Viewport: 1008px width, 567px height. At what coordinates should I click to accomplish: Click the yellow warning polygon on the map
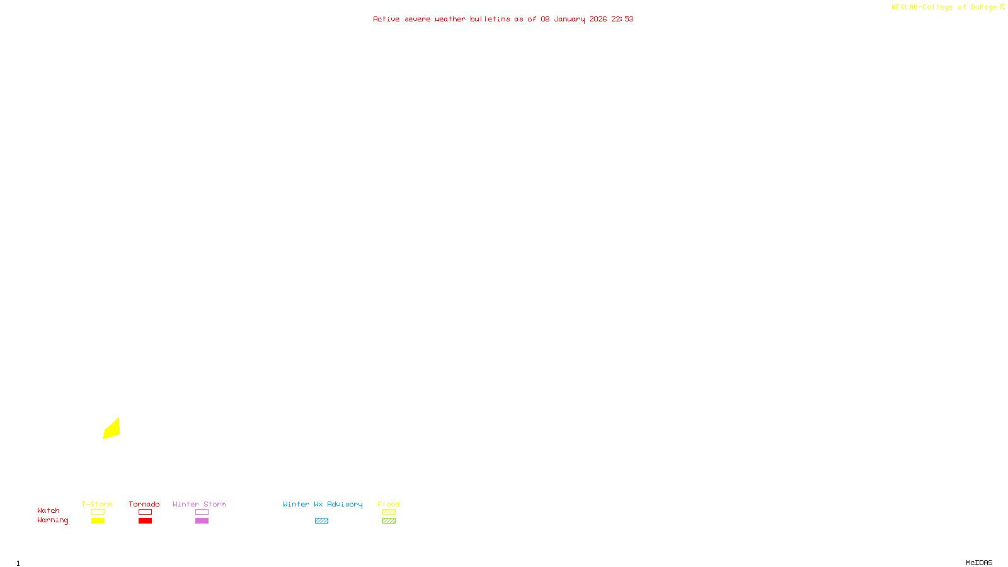click(x=112, y=429)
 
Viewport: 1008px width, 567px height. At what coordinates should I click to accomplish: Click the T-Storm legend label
click(x=97, y=504)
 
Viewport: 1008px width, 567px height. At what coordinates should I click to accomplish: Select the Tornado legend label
click(x=144, y=504)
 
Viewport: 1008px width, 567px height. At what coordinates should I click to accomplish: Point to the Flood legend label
click(x=389, y=504)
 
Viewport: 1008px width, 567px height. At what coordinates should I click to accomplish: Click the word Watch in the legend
click(x=49, y=510)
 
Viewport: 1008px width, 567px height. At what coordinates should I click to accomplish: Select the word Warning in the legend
click(x=53, y=520)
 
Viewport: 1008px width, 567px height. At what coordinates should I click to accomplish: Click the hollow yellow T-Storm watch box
click(x=98, y=512)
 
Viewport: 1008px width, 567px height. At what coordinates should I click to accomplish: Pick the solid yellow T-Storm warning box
click(x=98, y=521)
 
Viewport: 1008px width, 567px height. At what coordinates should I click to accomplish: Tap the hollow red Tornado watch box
click(x=145, y=512)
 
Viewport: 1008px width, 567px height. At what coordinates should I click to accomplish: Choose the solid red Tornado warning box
click(x=145, y=521)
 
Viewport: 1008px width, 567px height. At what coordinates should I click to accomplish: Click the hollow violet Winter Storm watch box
click(x=202, y=512)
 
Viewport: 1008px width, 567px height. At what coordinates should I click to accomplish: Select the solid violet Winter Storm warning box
click(x=202, y=521)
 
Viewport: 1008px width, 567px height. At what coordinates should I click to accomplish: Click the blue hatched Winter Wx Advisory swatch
click(x=321, y=521)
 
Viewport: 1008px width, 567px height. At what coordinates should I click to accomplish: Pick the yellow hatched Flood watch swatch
click(x=389, y=512)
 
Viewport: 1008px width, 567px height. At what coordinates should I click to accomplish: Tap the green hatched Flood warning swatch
click(x=389, y=521)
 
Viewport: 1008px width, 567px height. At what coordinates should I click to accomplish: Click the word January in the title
click(x=569, y=19)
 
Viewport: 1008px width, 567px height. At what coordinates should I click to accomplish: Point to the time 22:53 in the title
click(x=622, y=19)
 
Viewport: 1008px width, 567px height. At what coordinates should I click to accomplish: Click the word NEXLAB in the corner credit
click(x=905, y=7)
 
